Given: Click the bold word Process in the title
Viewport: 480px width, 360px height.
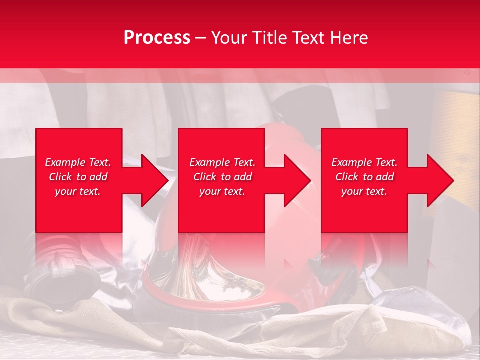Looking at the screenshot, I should (157, 38).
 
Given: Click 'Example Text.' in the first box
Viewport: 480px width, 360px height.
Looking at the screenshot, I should (78, 162).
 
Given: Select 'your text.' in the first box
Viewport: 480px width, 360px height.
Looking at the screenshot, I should (78, 191).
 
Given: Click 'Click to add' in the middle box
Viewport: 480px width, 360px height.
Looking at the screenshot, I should (222, 177).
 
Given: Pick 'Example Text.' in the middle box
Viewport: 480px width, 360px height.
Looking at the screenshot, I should (222, 162).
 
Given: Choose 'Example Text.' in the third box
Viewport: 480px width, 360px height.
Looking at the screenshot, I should (364, 162).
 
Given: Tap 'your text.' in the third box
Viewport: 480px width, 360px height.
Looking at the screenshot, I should (364, 191).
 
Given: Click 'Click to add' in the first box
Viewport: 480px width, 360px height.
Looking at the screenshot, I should (78, 177).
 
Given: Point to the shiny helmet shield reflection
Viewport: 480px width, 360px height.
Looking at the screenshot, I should (220, 280).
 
